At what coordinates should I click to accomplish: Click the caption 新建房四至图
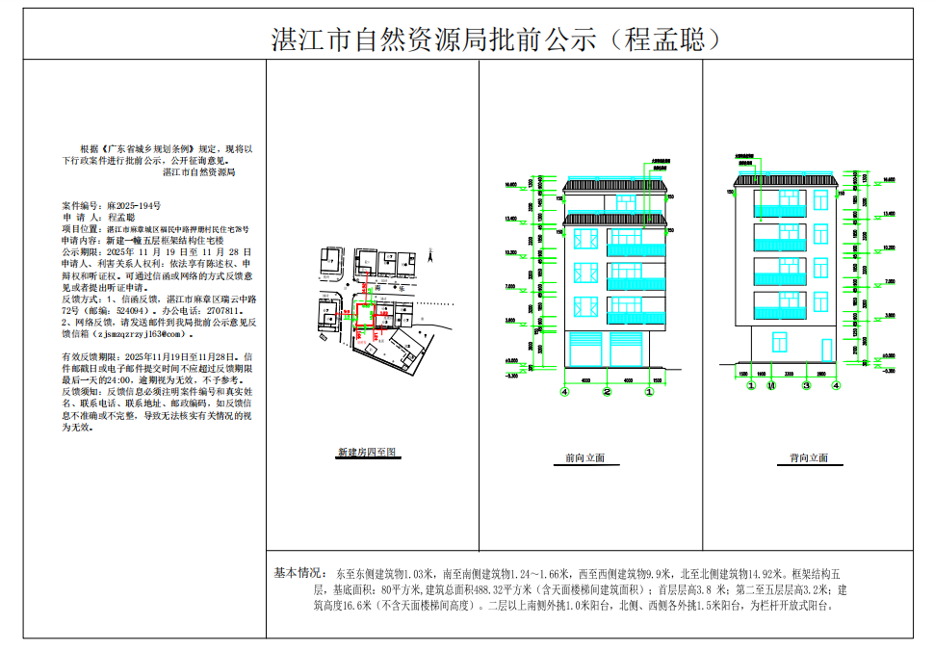(x=367, y=452)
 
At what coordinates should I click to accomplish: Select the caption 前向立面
(x=585, y=458)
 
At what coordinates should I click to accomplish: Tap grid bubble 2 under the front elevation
(x=607, y=393)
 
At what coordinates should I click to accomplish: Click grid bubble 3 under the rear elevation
(x=807, y=385)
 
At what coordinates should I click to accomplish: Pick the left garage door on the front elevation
(x=586, y=351)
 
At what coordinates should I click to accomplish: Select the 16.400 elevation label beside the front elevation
(x=509, y=183)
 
